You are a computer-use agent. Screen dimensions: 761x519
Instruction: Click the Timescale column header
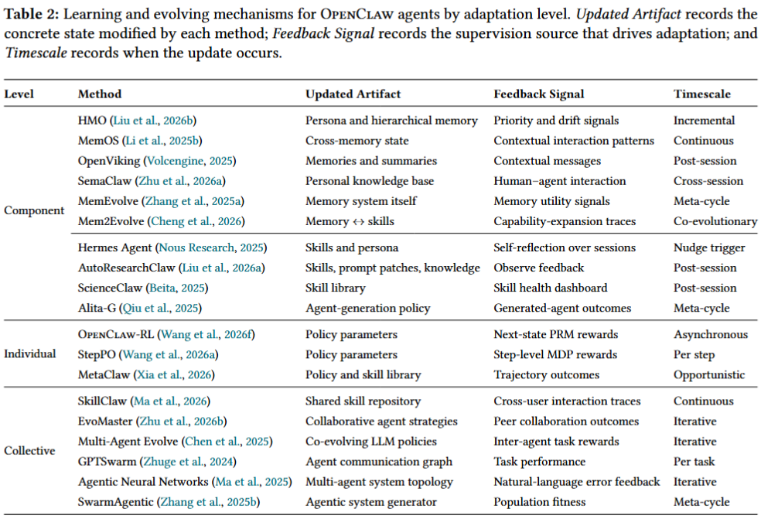[701, 94]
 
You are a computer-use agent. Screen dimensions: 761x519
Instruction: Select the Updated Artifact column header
[353, 94]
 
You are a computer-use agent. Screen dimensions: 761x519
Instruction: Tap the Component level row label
[34, 210]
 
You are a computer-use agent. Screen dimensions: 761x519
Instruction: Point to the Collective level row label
[29, 451]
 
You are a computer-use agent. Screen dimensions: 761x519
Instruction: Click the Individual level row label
[30, 354]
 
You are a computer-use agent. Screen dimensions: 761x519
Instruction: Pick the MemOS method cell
[140, 141]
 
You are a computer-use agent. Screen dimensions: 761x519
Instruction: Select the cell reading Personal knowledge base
[370, 181]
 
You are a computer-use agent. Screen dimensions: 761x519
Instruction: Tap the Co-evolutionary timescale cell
[715, 221]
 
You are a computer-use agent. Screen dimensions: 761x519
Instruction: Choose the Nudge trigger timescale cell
[709, 248]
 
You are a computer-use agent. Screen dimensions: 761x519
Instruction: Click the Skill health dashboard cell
[551, 288]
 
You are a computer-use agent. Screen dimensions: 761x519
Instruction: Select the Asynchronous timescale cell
[711, 334]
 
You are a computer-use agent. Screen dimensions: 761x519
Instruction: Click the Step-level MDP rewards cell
[555, 355]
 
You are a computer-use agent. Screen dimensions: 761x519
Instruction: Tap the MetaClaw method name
[104, 375]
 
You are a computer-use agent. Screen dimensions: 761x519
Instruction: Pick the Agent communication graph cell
[378, 462]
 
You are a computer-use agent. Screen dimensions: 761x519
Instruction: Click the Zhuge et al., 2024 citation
[188, 462]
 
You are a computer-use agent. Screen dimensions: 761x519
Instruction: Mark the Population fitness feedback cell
[540, 502]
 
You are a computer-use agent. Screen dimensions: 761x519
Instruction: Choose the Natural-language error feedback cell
[577, 482]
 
